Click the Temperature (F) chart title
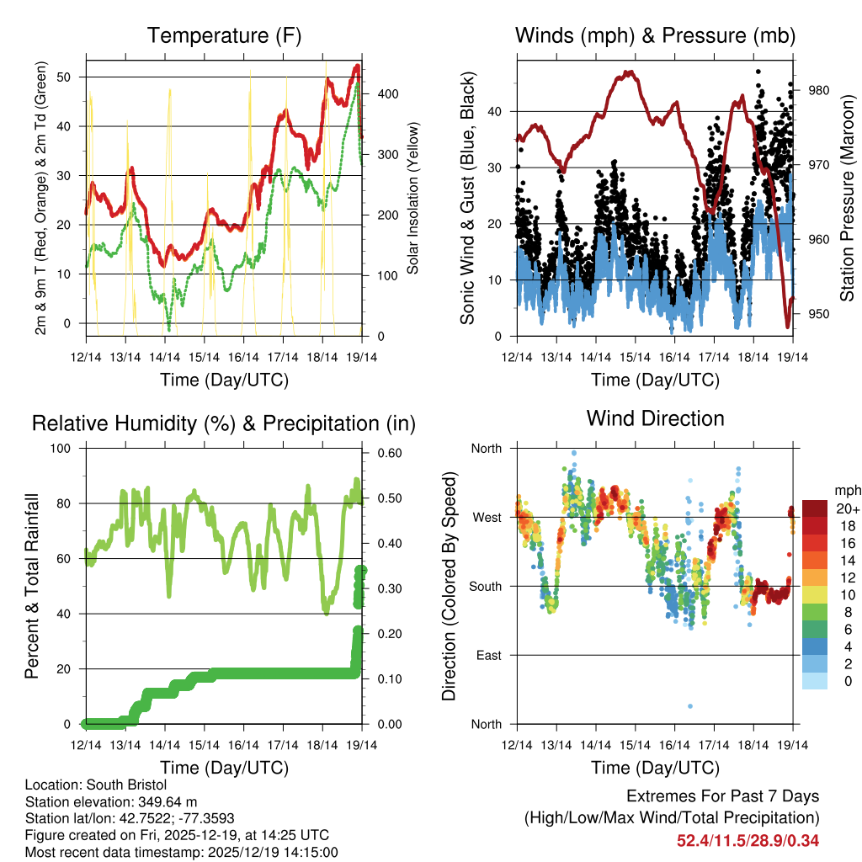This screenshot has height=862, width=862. (x=224, y=36)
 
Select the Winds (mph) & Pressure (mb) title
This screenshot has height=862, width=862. (x=655, y=36)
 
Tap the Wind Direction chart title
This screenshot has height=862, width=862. (x=655, y=418)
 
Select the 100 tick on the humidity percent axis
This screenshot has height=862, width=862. (x=67, y=449)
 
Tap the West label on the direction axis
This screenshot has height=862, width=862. (x=487, y=517)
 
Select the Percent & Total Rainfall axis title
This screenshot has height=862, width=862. (x=33, y=586)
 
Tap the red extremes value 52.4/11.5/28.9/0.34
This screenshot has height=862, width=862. (x=748, y=840)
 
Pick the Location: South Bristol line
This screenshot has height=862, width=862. (x=97, y=785)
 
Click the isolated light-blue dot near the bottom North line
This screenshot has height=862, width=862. (x=690, y=706)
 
